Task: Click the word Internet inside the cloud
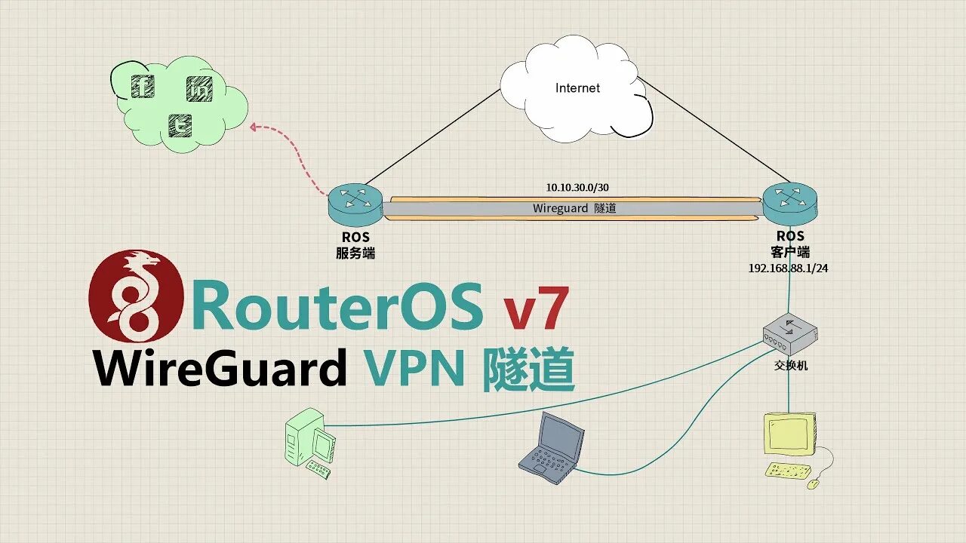tap(577, 88)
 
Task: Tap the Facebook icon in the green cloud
tap(143, 86)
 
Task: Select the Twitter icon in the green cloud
tap(180, 125)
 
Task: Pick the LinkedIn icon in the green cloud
tap(199, 90)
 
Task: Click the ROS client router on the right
tap(790, 200)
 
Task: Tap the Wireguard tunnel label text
tap(574, 208)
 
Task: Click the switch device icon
tap(789, 334)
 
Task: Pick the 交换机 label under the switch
tap(790, 366)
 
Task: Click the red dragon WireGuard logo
tap(137, 296)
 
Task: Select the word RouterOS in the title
tap(337, 306)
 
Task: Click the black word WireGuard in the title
tap(220, 369)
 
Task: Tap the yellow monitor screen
tap(789, 434)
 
